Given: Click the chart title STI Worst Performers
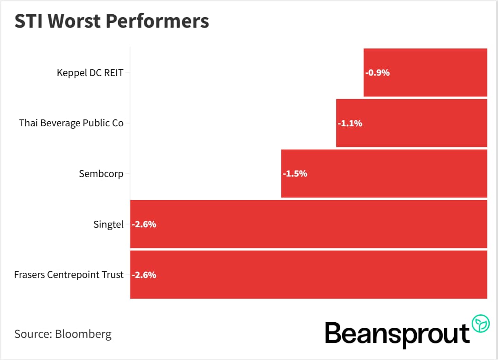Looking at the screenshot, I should pyautogui.click(x=112, y=22).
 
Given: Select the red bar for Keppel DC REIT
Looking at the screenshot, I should pyautogui.click(x=425, y=72).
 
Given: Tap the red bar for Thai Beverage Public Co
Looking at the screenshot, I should pyautogui.click(x=411, y=123).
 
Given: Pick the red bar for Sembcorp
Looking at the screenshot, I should pyautogui.click(x=384, y=174).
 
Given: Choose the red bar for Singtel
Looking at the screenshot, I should pyautogui.click(x=308, y=224).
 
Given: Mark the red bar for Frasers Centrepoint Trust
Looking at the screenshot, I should pyautogui.click(x=308, y=275).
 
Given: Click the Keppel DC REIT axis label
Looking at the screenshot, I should pyautogui.click(x=90, y=72).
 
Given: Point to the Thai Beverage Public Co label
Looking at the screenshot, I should pyautogui.click(x=71, y=123).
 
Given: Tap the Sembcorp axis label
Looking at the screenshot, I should pyautogui.click(x=101, y=174).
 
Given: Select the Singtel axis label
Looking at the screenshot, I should pyautogui.click(x=108, y=224).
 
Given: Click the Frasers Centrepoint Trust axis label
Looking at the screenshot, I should pyautogui.click(x=69, y=275).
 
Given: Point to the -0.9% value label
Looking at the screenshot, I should pyautogui.click(x=377, y=72).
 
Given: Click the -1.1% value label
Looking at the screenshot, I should pyautogui.click(x=350, y=123).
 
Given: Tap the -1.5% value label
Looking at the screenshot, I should pyautogui.click(x=295, y=174).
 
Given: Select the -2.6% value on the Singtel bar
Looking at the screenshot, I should pyautogui.click(x=144, y=224).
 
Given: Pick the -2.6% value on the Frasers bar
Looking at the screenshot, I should pyautogui.click(x=144, y=275).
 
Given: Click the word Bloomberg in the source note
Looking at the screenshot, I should pyautogui.click(x=83, y=334).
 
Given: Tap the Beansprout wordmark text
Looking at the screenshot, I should pyautogui.click(x=397, y=333).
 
